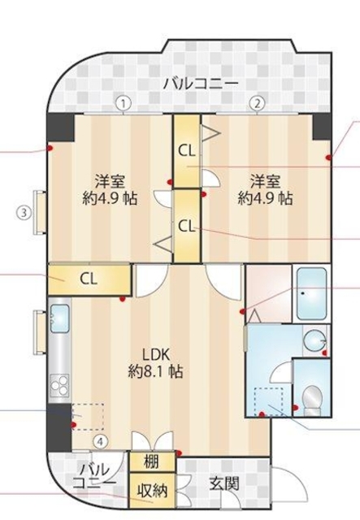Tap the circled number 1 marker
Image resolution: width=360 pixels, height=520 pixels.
click(x=123, y=103)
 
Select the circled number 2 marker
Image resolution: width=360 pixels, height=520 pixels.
click(x=258, y=103)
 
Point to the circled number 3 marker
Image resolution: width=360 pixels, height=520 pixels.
click(x=25, y=214)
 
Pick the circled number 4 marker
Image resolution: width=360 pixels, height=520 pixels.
click(x=100, y=442)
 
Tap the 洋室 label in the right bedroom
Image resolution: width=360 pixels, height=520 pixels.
click(x=265, y=180)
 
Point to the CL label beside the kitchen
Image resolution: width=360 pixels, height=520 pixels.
click(x=89, y=278)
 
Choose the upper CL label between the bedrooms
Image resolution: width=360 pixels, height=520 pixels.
click(x=187, y=150)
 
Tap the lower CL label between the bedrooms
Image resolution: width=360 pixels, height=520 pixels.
click(x=187, y=225)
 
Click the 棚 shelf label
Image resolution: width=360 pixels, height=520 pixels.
click(x=152, y=461)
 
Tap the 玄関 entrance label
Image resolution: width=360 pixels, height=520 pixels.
click(x=224, y=484)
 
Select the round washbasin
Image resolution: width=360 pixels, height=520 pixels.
click(x=314, y=340)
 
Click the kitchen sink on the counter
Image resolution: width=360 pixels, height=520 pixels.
click(x=60, y=319)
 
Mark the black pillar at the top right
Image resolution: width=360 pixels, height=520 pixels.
click(x=322, y=125)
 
